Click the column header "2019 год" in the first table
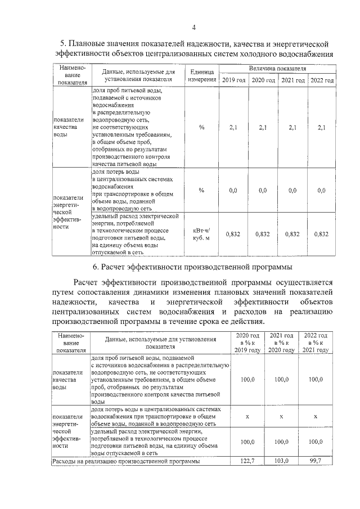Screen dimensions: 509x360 (x=233, y=81)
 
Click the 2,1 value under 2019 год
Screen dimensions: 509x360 (x=233, y=128)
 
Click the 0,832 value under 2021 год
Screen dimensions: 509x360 (x=292, y=234)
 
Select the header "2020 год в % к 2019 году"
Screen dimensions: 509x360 (x=247, y=343)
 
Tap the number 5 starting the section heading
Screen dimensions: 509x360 (x=64, y=44)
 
